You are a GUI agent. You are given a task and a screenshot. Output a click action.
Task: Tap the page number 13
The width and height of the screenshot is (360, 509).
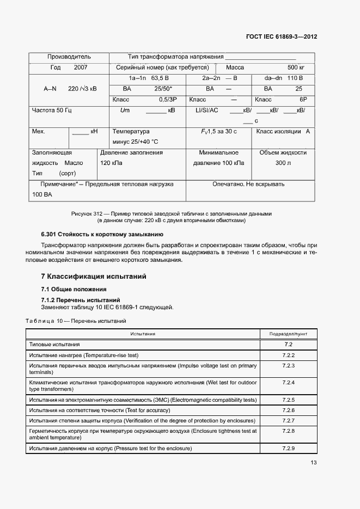(x=313, y=463)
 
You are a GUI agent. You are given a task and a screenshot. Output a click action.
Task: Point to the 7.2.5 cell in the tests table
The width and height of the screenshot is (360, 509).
(x=288, y=400)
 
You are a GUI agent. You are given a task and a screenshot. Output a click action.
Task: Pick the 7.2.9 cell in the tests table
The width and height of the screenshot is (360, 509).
(x=288, y=449)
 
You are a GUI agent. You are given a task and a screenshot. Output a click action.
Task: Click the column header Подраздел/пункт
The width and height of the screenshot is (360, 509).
(x=288, y=334)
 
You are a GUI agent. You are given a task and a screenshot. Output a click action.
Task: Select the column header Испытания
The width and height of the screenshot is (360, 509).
(x=143, y=334)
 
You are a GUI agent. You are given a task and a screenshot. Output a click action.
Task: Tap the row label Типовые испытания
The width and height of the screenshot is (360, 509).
(x=54, y=345)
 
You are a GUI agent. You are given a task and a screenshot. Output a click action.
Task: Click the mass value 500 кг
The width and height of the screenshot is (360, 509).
(x=296, y=68)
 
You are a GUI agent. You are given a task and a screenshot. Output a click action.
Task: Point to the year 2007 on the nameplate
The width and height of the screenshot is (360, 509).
(x=80, y=68)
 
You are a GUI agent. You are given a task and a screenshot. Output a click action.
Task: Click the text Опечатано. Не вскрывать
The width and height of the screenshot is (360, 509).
(x=248, y=184)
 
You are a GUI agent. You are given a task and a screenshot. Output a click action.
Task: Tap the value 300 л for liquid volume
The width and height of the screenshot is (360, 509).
(x=283, y=163)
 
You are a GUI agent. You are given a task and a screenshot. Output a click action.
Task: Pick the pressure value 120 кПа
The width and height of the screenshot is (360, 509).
(x=112, y=163)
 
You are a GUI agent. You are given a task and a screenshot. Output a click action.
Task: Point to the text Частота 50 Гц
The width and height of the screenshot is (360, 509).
(x=52, y=110)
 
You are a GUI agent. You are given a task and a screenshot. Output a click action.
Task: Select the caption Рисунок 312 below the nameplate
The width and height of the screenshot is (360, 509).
(x=171, y=214)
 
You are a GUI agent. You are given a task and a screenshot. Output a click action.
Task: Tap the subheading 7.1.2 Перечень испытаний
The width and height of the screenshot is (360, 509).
(x=81, y=300)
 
